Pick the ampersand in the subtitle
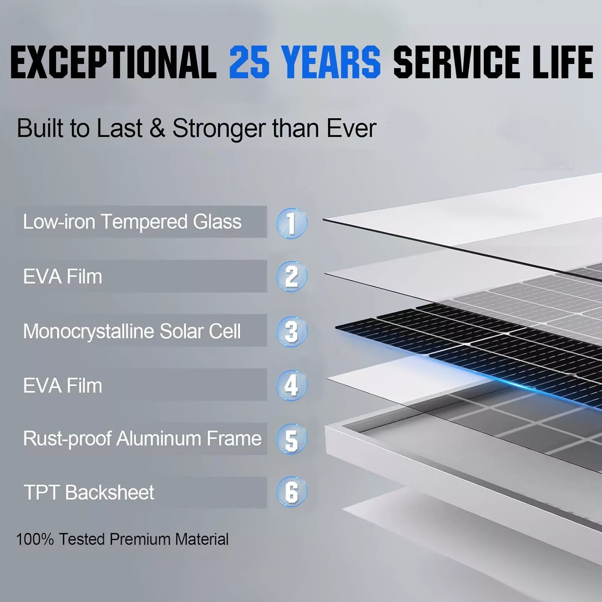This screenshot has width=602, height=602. coord(157,128)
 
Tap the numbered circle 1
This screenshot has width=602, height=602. coord(292,223)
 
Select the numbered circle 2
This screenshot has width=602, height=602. coord(292,277)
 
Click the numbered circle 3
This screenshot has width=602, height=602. coord(292,331)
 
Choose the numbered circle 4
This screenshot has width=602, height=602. coord(292,385)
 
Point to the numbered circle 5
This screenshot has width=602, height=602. coord(292,439)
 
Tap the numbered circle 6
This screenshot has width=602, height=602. coord(292,492)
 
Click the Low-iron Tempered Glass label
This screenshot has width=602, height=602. coord(132,222)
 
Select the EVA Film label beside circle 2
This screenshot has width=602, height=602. coord(62,277)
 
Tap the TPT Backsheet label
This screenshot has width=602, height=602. coord(89,493)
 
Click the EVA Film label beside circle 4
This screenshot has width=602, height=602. coord(62,386)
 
